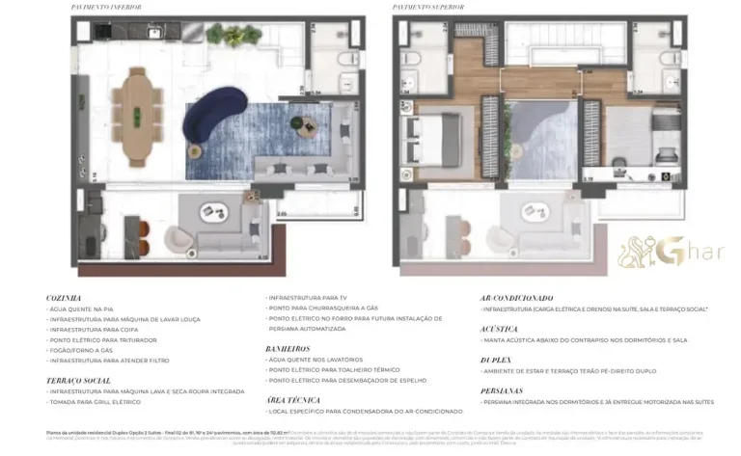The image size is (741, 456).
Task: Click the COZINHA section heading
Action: click(x=64, y=298)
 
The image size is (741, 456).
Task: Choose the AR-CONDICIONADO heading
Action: click(x=516, y=298)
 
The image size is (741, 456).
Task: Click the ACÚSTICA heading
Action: click(x=499, y=328)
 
